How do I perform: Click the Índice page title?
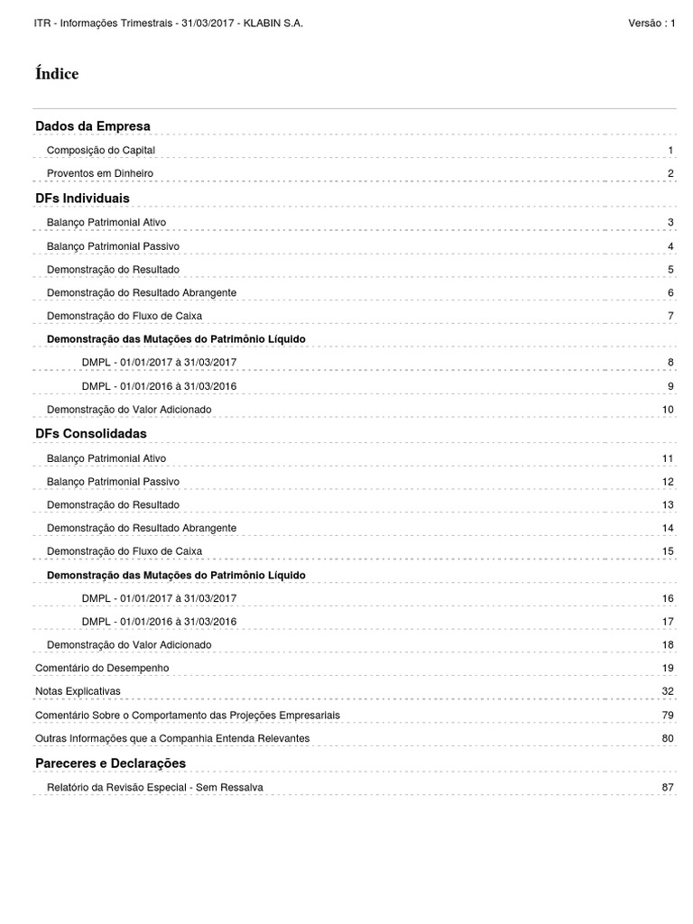[57, 74]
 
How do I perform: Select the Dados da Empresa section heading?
[93, 125]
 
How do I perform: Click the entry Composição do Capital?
[106, 150]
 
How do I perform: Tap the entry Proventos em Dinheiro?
[100, 173]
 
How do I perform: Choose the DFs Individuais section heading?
[82, 198]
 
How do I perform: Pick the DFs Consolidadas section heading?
[90, 434]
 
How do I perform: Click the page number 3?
[670, 222]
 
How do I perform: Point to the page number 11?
[668, 458]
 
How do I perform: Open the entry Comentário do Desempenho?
[102, 668]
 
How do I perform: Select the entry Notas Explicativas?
[78, 691]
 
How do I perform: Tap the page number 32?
[668, 691]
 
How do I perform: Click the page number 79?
[668, 715]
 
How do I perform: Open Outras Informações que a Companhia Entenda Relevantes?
[172, 738]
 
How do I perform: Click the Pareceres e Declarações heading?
[110, 763]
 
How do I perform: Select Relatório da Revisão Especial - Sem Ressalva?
[155, 787]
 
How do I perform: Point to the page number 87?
[668, 787]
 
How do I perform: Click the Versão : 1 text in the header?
[651, 23]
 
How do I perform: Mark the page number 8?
[670, 363]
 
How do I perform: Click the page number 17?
[668, 622]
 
